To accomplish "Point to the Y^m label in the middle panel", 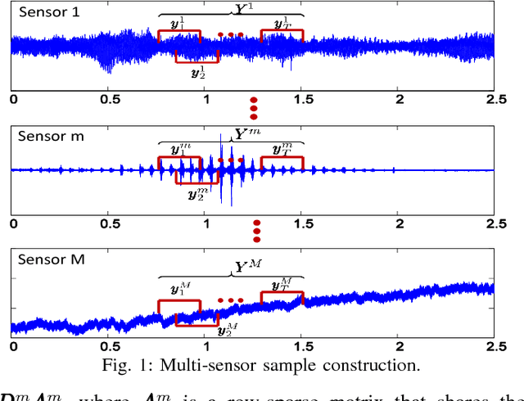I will pyautogui.click(x=244, y=133).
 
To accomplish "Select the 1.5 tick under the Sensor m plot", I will pyautogui.click(x=302, y=223).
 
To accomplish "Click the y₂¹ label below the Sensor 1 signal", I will pyautogui.click(x=197, y=71).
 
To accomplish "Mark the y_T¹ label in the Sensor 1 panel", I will pyautogui.click(x=282, y=25).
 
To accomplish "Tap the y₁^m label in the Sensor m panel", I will pyautogui.click(x=178, y=150).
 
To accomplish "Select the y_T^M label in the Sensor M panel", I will pyautogui.click(x=282, y=284).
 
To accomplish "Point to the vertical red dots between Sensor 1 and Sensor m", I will pyautogui.click(x=254, y=107).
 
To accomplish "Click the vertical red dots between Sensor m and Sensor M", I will pyautogui.click(x=256, y=231).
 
